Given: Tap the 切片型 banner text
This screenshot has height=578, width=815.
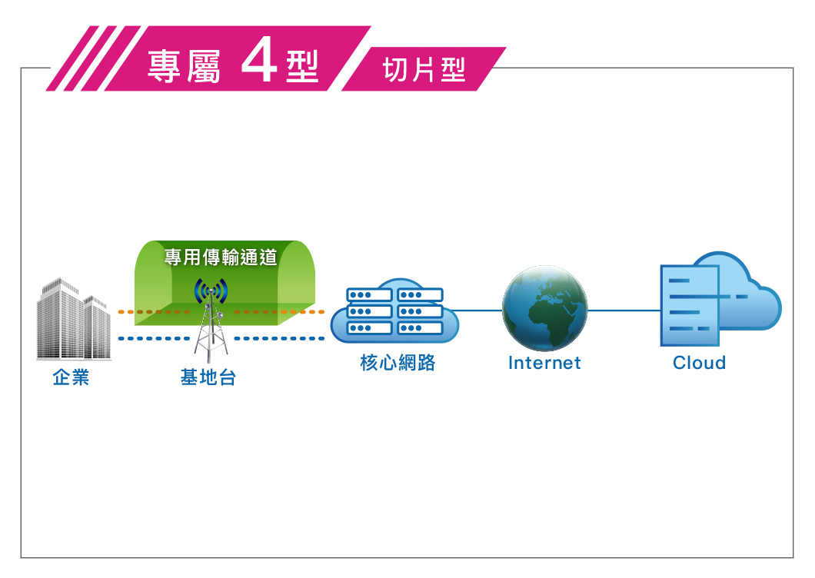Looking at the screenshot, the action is [x=424, y=70].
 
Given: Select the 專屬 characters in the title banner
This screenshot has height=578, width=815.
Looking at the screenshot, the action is [x=184, y=67].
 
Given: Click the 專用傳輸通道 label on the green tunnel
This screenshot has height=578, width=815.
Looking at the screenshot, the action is [x=221, y=257].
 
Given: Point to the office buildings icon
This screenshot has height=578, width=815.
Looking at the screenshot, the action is [x=74, y=319].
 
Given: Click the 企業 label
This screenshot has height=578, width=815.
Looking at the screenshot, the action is [x=72, y=377].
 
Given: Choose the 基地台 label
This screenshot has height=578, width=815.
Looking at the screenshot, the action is [x=208, y=377].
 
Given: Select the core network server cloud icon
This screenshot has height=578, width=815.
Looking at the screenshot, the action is [x=394, y=311].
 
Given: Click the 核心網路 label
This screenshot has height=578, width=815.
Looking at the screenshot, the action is [x=398, y=363].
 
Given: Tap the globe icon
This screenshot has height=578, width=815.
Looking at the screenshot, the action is [x=544, y=307].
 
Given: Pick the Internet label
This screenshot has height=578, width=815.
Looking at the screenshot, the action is [x=544, y=363].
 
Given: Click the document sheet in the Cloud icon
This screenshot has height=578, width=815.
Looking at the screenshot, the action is [x=690, y=306].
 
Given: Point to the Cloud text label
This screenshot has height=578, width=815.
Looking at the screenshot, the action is [x=699, y=363].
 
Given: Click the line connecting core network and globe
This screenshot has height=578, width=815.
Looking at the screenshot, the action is [x=477, y=311].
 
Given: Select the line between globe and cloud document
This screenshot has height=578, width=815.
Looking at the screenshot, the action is [x=624, y=311].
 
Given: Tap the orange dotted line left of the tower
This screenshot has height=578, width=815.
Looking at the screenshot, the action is [x=154, y=312].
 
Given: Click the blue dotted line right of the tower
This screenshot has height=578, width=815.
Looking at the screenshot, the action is [x=279, y=338].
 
